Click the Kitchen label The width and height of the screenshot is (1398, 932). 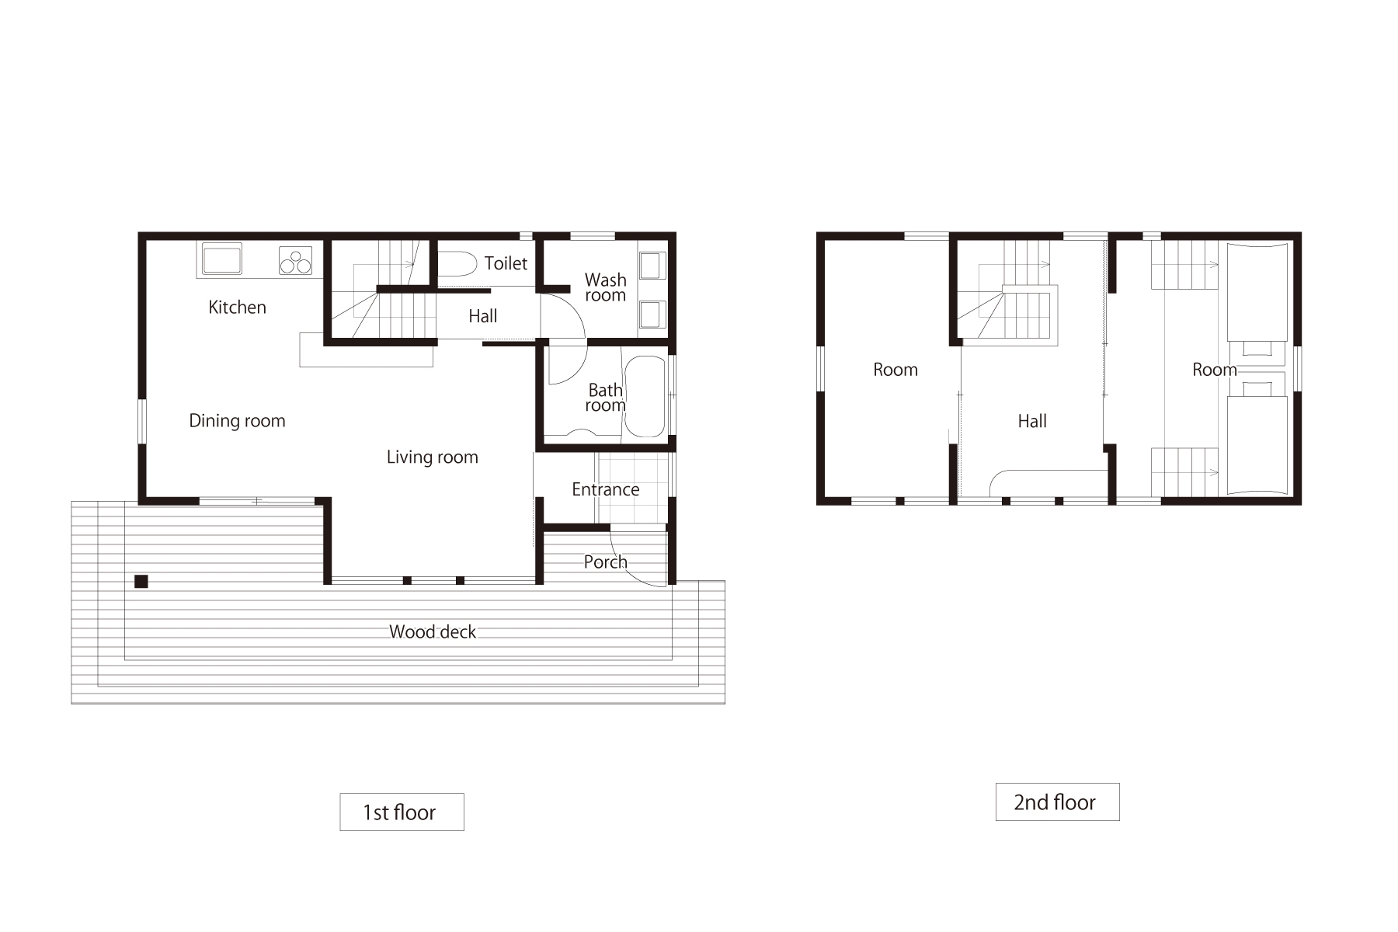click(x=237, y=308)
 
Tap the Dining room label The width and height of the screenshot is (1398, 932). click(x=237, y=421)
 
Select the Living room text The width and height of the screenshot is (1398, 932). click(x=432, y=457)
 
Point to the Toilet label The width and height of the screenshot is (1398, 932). click(x=506, y=263)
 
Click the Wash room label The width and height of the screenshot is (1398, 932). click(x=605, y=287)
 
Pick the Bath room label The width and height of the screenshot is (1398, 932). click(x=605, y=398)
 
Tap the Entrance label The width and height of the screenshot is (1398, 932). click(x=605, y=489)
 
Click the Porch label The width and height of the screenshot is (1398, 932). click(x=605, y=562)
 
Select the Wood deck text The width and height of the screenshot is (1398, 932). click(x=432, y=632)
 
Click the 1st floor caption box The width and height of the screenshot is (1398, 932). click(x=402, y=812)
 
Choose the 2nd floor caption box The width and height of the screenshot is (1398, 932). click(x=1057, y=802)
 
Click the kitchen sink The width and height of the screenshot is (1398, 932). click(x=222, y=259)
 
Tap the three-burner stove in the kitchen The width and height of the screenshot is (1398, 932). click(x=295, y=260)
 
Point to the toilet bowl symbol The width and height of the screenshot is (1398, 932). click(x=457, y=264)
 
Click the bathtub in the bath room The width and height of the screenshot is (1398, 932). click(x=645, y=397)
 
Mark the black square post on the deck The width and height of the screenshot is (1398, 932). click(x=141, y=581)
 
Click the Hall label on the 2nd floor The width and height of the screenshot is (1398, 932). click(x=1032, y=421)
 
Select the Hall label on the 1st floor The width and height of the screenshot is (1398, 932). click(x=482, y=316)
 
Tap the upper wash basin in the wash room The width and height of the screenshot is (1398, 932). click(x=651, y=265)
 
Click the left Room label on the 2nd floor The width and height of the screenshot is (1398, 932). click(x=895, y=370)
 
